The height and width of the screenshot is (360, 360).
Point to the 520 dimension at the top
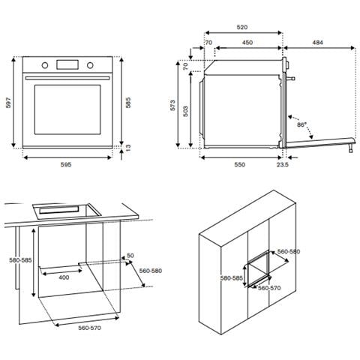242,27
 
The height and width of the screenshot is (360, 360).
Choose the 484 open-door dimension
318,43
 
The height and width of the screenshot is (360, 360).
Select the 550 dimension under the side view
239,163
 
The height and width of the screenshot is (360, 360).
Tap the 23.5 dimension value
282,163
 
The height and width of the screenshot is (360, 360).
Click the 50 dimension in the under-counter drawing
130,256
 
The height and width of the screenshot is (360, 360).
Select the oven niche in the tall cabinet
261,266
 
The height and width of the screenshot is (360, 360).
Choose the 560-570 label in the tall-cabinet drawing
269,287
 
